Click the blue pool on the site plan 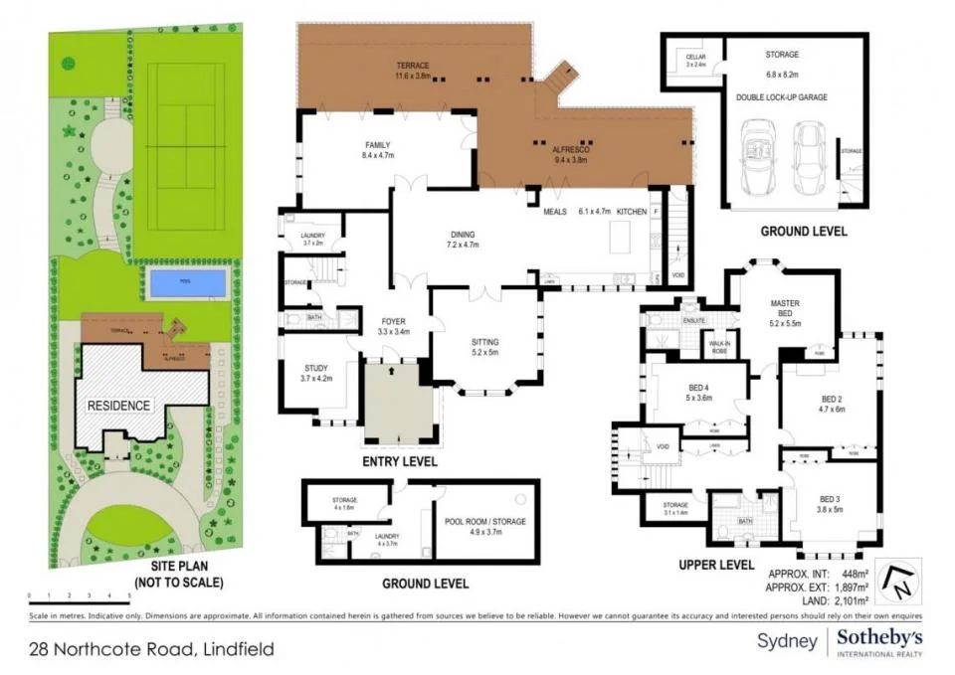pos(186,283)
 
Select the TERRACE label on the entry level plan pos(411,66)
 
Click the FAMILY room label pos(377,145)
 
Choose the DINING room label pos(463,235)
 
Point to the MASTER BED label pos(785,302)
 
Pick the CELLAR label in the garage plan pos(695,58)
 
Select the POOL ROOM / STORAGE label pos(487,521)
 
